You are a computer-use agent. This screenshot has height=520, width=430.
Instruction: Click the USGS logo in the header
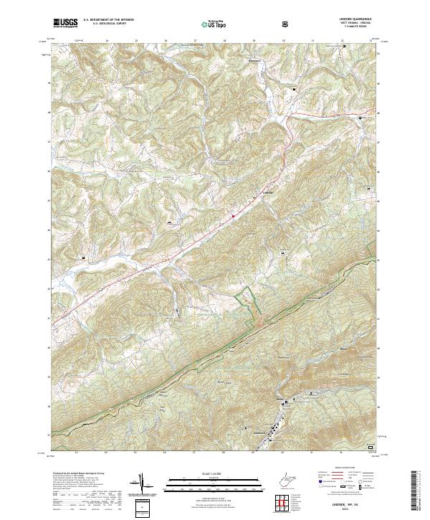(66, 23)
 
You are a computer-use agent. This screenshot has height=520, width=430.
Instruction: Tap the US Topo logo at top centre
(207, 24)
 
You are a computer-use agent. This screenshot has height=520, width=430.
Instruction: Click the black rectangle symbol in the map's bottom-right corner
(370, 447)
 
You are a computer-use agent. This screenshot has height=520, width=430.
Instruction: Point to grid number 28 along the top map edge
(224, 41)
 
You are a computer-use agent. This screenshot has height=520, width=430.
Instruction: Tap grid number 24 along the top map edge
(106, 41)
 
